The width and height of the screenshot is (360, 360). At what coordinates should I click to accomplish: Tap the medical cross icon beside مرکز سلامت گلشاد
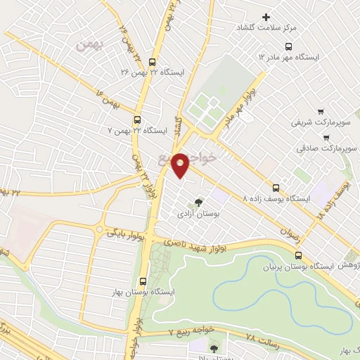[x=266, y=17]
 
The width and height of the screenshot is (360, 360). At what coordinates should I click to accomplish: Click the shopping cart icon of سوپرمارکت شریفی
[x=321, y=111]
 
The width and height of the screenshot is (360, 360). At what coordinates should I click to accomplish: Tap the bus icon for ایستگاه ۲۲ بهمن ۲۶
[x=153, y=72]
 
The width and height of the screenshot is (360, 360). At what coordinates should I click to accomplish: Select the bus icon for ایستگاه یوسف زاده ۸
[x=276, y=188]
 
